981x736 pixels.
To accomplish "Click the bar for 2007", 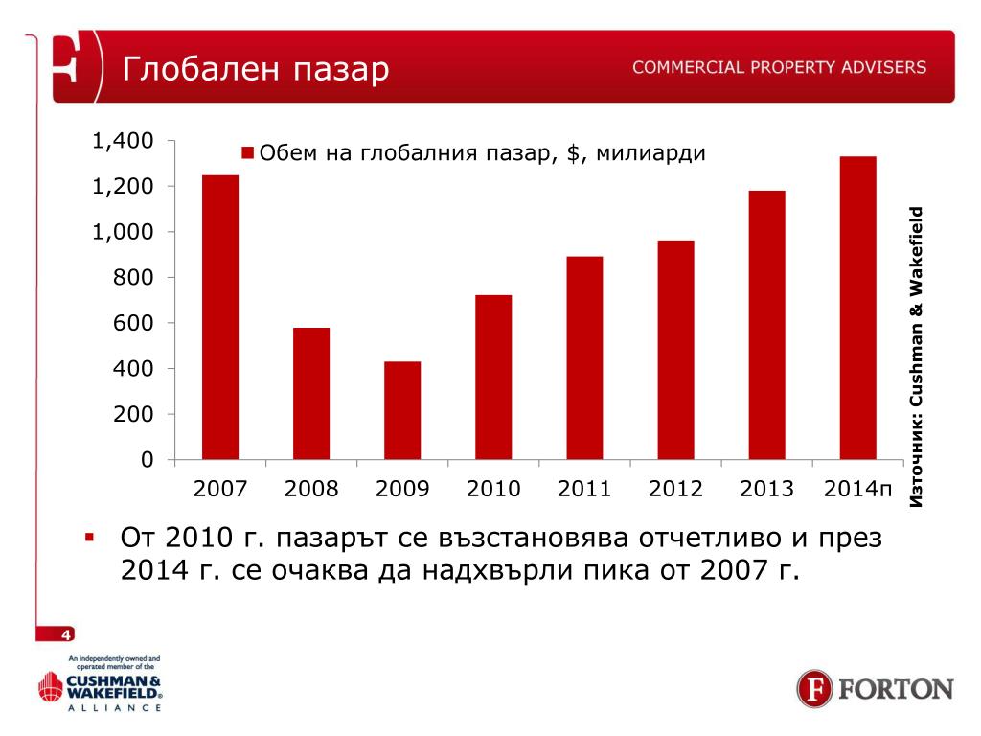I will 220,317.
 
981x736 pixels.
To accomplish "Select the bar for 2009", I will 402,410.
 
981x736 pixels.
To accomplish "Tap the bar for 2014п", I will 857,308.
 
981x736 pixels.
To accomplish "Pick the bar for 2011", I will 584,357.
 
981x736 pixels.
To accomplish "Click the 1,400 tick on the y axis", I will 123,142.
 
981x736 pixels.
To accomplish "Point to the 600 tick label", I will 134,324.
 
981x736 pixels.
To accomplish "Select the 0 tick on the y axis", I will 147,460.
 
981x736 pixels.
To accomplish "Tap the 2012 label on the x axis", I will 675,490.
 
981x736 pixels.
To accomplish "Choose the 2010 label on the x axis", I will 493,490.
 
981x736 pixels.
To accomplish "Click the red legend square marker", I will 247,153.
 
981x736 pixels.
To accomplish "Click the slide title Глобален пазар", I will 256,69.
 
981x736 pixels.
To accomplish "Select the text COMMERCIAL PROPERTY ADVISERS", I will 779,67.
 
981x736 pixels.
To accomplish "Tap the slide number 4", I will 65,634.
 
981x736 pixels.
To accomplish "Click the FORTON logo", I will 875,689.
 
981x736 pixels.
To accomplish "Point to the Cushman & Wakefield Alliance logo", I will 100,684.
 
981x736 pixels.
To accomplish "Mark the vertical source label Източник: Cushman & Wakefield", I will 917,356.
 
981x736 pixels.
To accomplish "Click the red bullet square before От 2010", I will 88,536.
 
